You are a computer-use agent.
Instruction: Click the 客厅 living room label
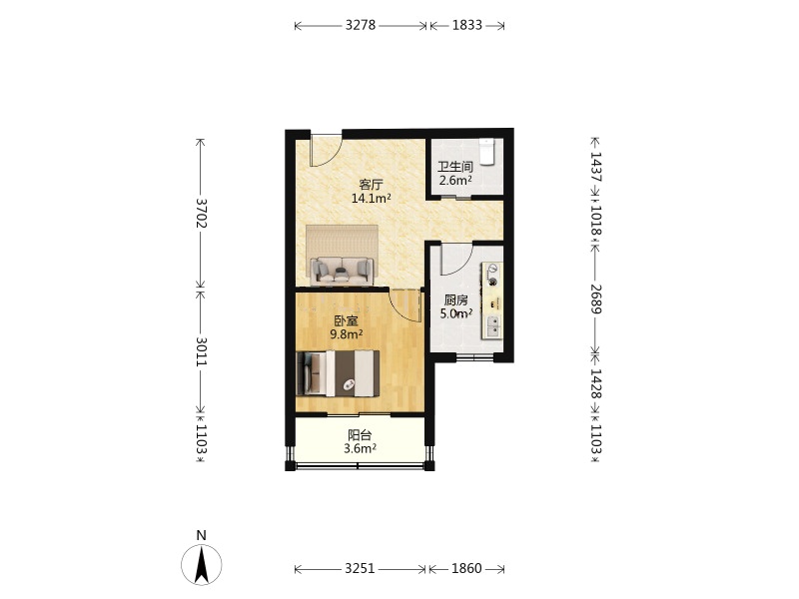pyautogui.click(x=371, y=185)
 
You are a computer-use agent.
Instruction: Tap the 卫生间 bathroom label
pyautogui.click(x=455, y=167)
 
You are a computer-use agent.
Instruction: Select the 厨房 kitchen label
pyautogui.click(x=455, y=300)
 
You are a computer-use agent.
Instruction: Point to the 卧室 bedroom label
pyautogui.click(x=346, y=320)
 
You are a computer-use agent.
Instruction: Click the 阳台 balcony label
pyautogui.click(x=360, y=435)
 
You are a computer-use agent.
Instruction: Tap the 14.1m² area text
pyautogui.click(x=371, y=198)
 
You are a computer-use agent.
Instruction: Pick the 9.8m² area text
pyautogui.click(x=346, y=334)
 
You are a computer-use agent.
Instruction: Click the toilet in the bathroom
pyautogui.click(x=487, y=152)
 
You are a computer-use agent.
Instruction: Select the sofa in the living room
pyautogui.click(x=342, y=271)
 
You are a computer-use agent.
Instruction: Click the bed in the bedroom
pyautogui.click(x=338, y=372)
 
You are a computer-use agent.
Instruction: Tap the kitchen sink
pyautogui.click(x=493, y=327)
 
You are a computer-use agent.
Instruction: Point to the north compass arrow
pyautogui.click(x=202, y=564)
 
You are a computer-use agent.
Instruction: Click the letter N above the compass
pyautogui.click(x=202, y=535)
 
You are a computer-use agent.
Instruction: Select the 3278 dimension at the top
pyautogui.click(x=361, y=25)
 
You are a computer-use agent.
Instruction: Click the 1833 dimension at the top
pyautogui.click(x=467, y=25)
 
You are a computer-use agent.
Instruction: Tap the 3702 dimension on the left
pyautogui.click(x=202, y=213)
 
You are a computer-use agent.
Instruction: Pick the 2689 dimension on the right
pyautogui.click(x=595, y=299)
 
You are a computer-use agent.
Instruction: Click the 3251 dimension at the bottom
pyautogui.click(x=360, y=568)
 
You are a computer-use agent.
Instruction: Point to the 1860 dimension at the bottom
pyautogui.click(x=466, y=568)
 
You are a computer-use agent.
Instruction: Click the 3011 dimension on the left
pyautogui.click(x=202, y=351)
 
